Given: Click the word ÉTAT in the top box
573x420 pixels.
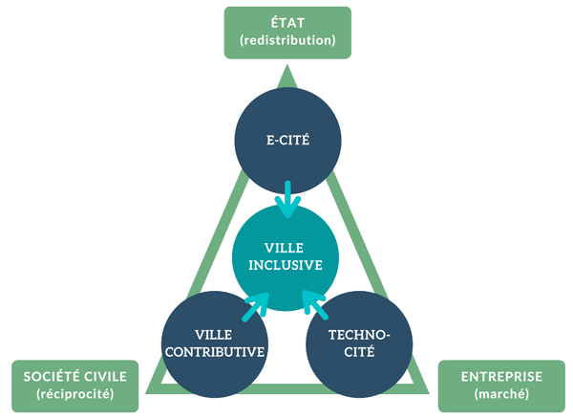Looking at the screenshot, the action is (287, 23).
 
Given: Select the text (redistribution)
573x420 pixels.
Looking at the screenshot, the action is (287, 40).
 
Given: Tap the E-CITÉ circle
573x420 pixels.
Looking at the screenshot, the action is (287, 141).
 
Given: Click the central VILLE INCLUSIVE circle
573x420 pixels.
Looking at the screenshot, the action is (286, 257).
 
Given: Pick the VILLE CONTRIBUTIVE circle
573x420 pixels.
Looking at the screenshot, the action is (215, 344).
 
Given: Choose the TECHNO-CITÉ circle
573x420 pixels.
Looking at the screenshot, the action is (359, 344).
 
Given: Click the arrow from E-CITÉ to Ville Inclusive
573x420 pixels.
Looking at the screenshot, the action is (287, 199).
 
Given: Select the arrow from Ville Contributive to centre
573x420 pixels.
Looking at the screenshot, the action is (256, 307).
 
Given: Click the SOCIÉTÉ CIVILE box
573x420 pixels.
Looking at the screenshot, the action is (74, 386).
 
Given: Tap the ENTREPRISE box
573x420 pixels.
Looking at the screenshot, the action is (501, 386).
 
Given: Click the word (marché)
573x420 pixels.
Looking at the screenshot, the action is (501, 394).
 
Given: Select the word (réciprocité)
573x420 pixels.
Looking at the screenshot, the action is (74, 394).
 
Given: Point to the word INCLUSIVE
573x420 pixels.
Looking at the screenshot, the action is (286, 265).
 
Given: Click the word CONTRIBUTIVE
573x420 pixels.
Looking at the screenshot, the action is (215, 352).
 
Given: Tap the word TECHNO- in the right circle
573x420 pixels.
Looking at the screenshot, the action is (359, 335).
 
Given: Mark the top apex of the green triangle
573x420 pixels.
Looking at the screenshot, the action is (286, 64).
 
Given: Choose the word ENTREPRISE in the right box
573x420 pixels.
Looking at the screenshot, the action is (501, 376).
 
